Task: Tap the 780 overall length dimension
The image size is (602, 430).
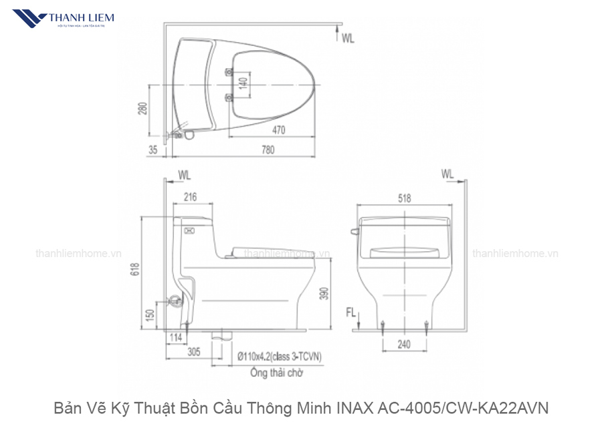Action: coord(268,150)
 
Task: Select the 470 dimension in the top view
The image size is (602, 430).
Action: coord(279,130)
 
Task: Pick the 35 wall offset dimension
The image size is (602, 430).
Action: coord(153,150)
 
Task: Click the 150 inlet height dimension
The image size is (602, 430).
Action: coord(151,312)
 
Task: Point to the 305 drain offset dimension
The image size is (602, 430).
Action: coord(194,353)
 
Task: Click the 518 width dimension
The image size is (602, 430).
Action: coord(404,198)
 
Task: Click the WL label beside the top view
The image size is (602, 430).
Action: coord(348,39)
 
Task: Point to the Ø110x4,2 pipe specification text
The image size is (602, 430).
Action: coord(279,357)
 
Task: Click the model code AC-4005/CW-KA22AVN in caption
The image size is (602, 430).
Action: coord(465,407)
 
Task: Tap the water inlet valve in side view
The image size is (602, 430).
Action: coord(176,301)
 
